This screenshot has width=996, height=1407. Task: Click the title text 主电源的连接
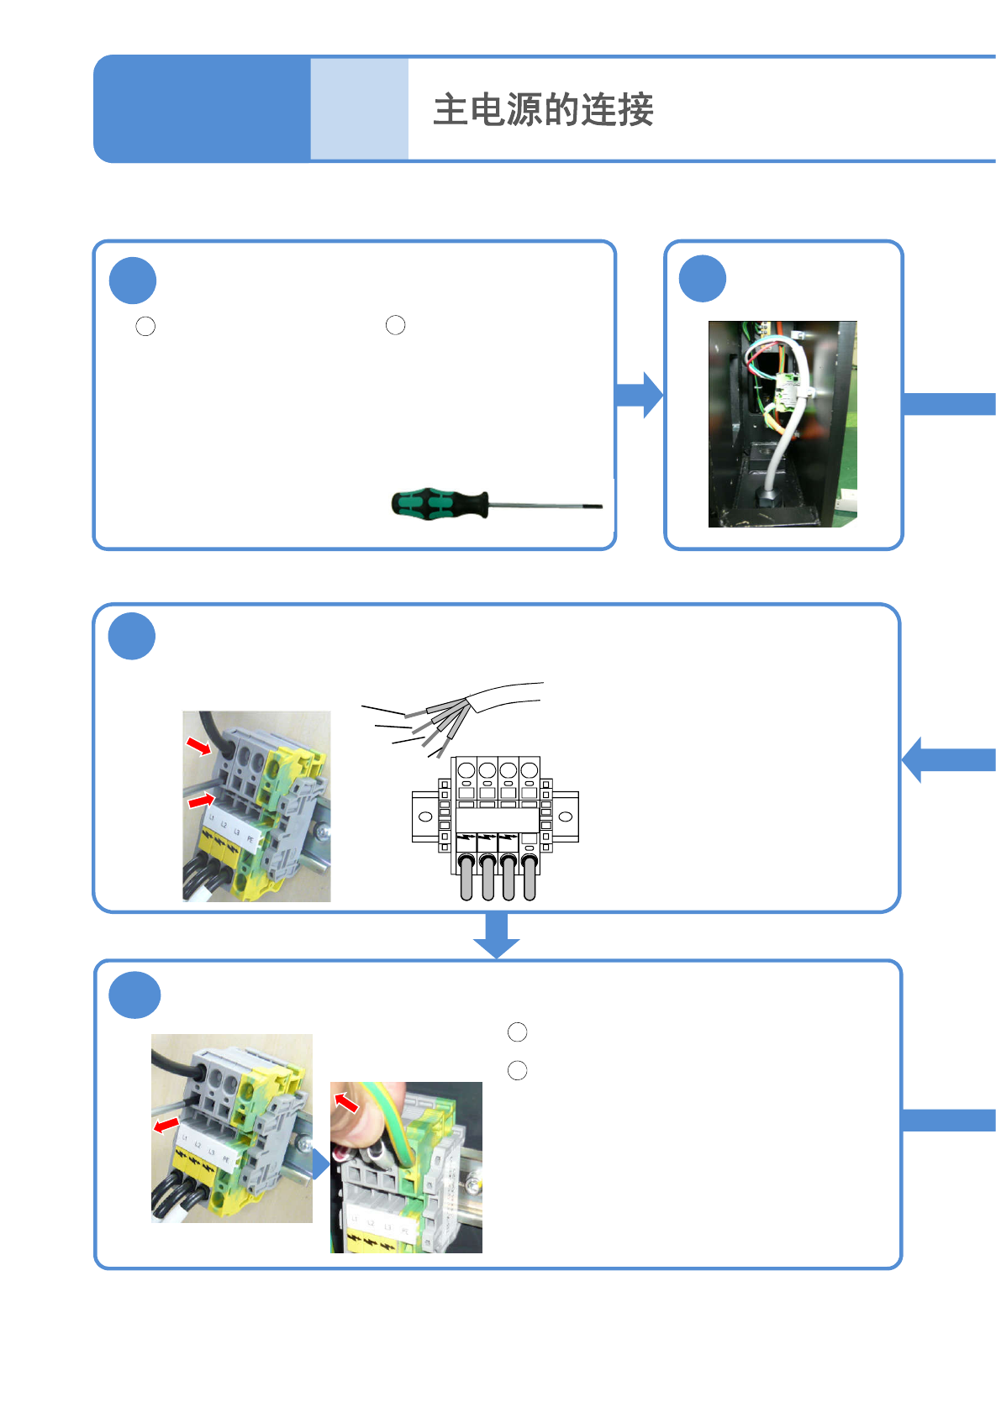click(x=543, y=110)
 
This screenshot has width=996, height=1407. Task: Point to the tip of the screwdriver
click(x=598, y=506)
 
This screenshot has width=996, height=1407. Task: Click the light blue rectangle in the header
click(x=359, y=108)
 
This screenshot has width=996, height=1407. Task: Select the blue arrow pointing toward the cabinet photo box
click(x=640, y=395)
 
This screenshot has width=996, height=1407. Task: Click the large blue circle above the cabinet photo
click(x=702, y=279)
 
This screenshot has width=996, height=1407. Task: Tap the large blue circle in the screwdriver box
click(x=133, y=281)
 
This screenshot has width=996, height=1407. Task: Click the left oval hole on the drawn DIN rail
click(x=425, y=816)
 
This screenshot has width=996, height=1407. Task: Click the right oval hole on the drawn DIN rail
click(x=566, y=816)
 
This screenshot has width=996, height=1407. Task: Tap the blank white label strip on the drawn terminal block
click(x=497, y=820)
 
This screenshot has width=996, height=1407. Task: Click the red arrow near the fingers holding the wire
click(x=346, y=1101)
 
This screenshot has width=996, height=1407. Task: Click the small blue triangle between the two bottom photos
click(x=320, y=1164)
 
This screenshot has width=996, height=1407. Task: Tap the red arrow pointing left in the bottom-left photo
click(x=166, y=1124)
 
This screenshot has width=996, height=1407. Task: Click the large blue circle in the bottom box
click(x=134, y=995)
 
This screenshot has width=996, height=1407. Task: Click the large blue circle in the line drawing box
click(x=132, y=636)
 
